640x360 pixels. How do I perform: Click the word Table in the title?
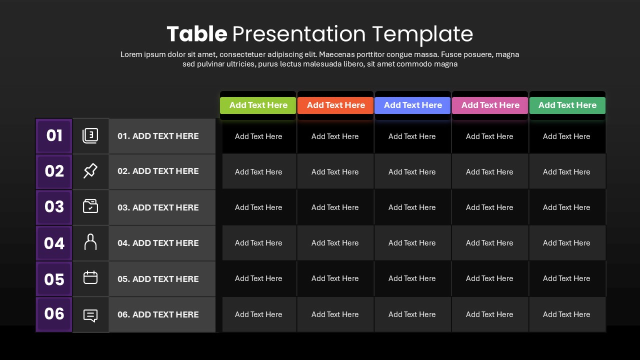196,34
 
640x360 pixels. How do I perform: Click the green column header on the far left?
258,105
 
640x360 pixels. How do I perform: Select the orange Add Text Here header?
335,105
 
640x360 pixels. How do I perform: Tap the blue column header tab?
412,105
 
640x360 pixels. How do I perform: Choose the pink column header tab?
490,105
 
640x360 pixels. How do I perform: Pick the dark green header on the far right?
567,105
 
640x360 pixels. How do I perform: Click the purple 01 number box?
54,136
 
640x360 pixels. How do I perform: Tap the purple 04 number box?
54,243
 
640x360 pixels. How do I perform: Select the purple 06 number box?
54,314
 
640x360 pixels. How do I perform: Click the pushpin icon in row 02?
90,171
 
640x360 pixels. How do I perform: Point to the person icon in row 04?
90,242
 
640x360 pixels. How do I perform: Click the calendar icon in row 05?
90,277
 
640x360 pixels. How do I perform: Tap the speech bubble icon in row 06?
90,315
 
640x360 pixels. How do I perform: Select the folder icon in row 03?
90,206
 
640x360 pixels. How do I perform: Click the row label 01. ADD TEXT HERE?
158,136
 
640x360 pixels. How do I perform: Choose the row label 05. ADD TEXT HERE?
158,279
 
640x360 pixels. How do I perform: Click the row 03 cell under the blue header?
412,207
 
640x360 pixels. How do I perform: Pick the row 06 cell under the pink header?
489,314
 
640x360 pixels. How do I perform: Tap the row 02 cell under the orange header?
335,172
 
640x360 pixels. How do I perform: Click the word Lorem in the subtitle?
131,54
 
